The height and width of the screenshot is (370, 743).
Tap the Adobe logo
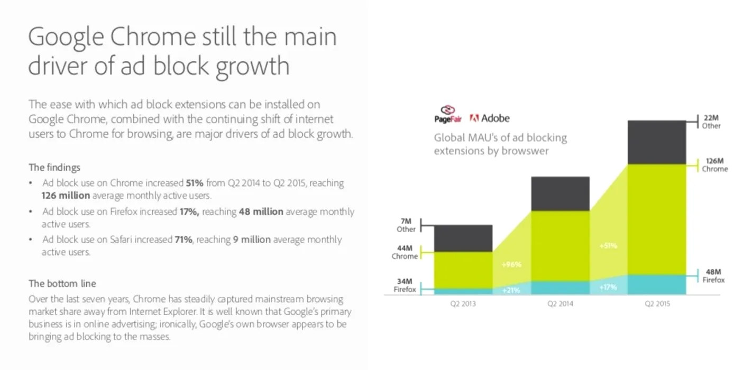[x=490, y=118]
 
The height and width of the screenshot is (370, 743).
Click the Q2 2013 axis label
[x=463, y=304]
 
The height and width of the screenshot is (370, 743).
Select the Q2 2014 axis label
[x=560, y=304]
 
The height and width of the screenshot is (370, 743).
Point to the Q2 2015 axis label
[x=657, y=304]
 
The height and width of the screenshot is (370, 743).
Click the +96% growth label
[x=511, y=264]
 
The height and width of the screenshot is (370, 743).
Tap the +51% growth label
[x=608, y=246]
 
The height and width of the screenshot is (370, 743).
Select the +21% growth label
[x=511, y=290]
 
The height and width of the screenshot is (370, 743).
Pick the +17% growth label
[x=608, y=286]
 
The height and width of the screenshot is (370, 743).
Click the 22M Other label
[x=711, y=122]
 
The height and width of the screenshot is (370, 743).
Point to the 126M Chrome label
[x=714, y=165]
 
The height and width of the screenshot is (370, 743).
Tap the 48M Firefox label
[x=713, y=276]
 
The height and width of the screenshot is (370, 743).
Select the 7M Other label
[x=406, y=226]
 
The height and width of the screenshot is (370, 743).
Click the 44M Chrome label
[x=405, y=252]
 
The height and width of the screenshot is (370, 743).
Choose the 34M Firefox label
[x=406, y=285]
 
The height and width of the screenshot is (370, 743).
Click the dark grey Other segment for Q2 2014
[x=560, y=193]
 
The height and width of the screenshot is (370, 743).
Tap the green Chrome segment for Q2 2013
[x=463, y=270]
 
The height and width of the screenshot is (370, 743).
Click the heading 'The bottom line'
[x=62, y=284]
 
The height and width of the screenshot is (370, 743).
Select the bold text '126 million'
[x=66, y=196]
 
